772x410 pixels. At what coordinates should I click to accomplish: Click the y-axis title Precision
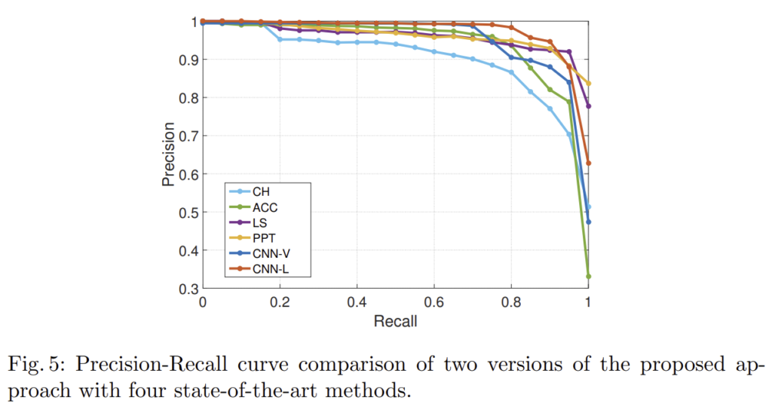coord(168,155)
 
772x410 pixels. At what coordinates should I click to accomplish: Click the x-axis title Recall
coord(396,322)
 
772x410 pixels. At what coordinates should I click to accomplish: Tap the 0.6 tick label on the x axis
coord(433,302)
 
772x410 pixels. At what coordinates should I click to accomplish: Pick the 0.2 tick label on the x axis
coord(280,302)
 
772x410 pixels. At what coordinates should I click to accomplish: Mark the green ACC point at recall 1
coord(588,277)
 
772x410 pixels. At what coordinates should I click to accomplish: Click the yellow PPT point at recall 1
coord(588,83)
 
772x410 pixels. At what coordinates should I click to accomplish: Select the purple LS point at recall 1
coord(588,106)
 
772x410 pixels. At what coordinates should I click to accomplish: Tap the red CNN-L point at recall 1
coord(588,163)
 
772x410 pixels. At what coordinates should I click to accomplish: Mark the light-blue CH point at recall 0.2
coord(280,39)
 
